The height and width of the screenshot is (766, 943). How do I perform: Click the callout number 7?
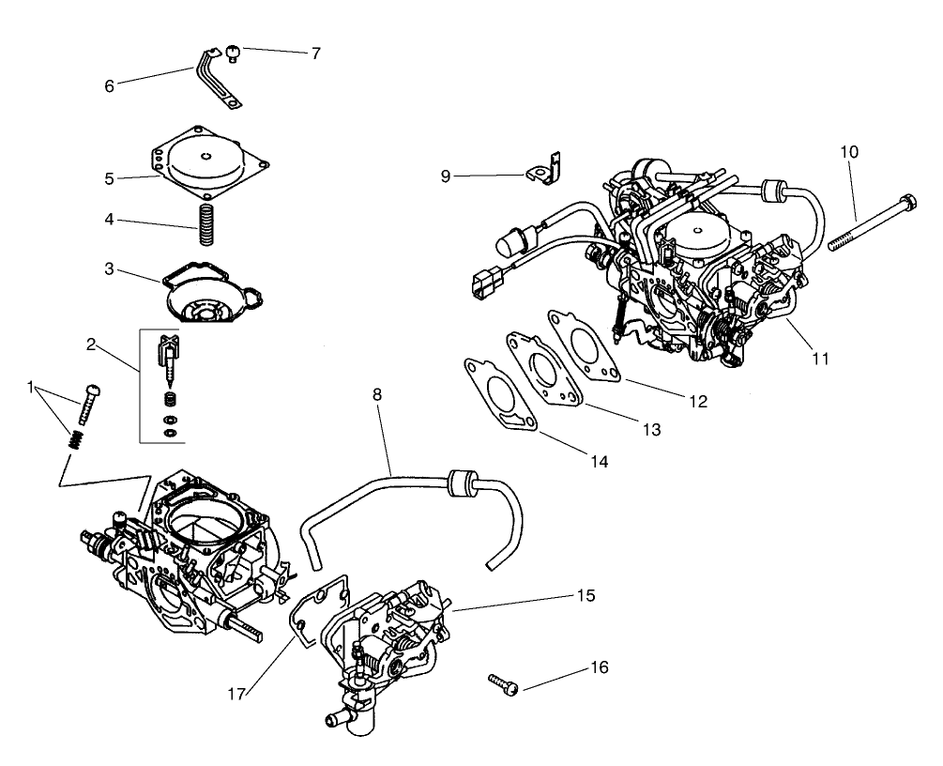click(x=315, y=54)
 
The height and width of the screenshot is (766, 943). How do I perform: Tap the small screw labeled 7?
click(x=232, y=53)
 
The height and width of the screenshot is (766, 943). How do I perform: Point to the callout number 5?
click(x=110, y=177)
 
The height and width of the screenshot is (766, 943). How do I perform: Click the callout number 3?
click(x=110, y=268)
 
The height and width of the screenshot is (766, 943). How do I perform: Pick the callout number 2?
click(x=92, y=344)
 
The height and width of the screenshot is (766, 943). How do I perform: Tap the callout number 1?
click(x=31, y=386)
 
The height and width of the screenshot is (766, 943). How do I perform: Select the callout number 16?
click(x=599, y=667)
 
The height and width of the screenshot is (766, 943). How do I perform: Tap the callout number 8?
click(x=377, y=395)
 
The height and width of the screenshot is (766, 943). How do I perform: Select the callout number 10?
click(x=848, y=151)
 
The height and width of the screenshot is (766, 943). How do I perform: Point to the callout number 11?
click(x=820, y=358)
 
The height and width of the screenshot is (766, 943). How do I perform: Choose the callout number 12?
click(x=696, y=401)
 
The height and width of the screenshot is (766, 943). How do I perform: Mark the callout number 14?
click(x=600, y=461)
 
